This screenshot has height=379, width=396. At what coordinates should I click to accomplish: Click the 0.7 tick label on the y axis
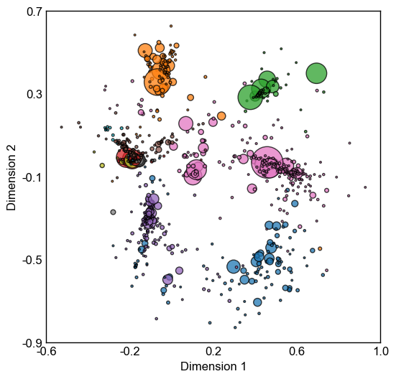34,12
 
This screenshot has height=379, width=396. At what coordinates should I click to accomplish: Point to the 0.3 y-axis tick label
34,94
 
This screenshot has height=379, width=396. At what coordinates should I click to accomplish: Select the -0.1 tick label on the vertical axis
32,177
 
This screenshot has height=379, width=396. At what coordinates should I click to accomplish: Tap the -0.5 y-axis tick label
32,260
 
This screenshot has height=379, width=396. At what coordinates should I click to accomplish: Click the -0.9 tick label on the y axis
32,343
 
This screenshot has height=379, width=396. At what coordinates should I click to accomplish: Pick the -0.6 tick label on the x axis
46,351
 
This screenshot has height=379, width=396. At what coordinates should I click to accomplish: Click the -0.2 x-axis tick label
129,351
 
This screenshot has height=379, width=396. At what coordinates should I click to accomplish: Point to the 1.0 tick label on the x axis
381,351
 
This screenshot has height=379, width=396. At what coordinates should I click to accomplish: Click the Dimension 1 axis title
213,366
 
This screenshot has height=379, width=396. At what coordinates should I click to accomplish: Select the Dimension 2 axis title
11,177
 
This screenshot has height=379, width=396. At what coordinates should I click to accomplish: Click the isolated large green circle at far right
316,73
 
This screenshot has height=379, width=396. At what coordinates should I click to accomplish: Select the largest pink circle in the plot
267,162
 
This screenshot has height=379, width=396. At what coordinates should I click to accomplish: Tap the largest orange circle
157,82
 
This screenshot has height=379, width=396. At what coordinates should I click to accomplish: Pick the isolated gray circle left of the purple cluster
113,212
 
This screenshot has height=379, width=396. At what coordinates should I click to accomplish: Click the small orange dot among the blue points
320,248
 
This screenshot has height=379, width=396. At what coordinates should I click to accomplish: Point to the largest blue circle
234,266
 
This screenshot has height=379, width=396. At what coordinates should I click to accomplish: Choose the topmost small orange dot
171,26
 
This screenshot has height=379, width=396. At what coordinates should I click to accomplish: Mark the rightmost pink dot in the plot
365,187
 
